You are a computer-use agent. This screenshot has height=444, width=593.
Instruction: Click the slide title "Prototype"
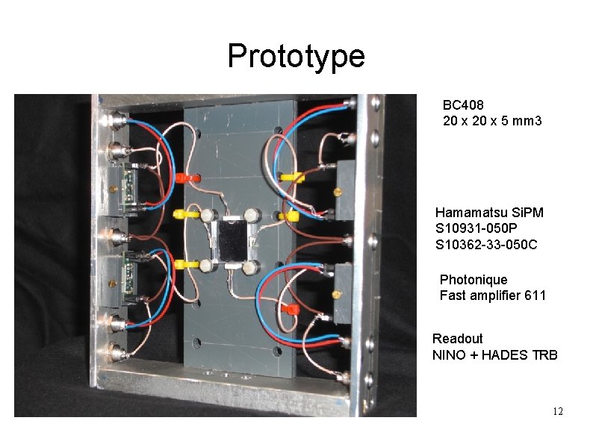(296, 57)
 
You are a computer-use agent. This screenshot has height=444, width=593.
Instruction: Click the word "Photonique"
(473, 280)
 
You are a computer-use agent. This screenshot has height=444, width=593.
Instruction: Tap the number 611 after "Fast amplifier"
(535, 296)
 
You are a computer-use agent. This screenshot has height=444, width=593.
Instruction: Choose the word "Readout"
(458, 339)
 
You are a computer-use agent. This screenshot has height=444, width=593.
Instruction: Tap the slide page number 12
(557, 412)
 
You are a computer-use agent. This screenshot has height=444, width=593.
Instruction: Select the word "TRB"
(545, 355)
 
